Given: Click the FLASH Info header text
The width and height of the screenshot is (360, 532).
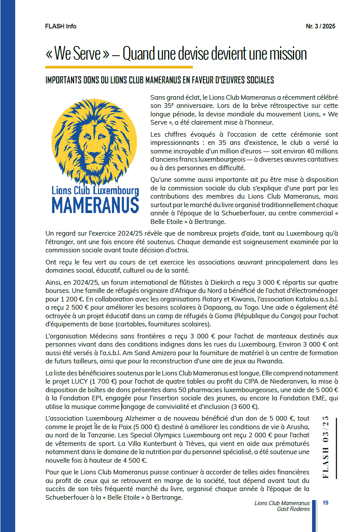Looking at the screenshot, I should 61,26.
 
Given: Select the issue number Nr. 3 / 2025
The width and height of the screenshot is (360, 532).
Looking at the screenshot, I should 320,26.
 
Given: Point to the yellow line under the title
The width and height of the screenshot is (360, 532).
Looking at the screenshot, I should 119,67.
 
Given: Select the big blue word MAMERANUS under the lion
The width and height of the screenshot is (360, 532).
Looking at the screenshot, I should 95,205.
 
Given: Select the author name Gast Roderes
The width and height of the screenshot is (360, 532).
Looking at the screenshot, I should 293,509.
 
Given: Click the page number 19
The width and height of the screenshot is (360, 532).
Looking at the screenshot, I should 325,503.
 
